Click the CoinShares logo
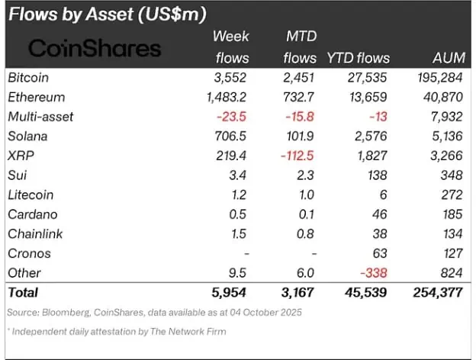point(95,49)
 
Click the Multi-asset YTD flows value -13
point(378,117)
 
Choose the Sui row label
point(17,175)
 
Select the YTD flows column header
point(358,57)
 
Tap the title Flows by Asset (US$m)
point(108,14)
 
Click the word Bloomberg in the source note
point(60,311)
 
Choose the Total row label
point(22,292)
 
